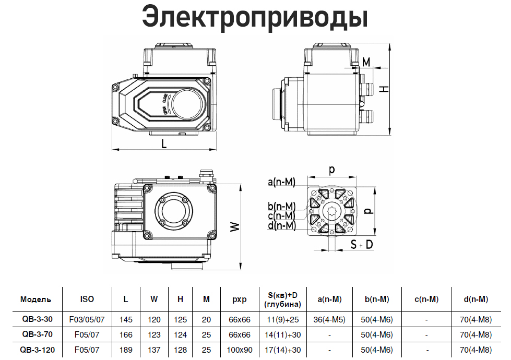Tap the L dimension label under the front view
pos(164,143)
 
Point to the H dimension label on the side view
pos(385,88)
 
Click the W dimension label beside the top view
pos(235,227)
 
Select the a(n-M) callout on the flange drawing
pos(281,182)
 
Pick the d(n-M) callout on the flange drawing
pos(282,225)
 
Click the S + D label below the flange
pos(361,244)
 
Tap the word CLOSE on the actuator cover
pos(165,98)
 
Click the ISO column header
pos(87,299)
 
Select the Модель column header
pos(36,299)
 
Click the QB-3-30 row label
pos(38,319)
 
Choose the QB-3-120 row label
pos(38,350)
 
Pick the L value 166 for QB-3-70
pos(126,334)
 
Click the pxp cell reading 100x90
pos(240,350)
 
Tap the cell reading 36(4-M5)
pos(329,320)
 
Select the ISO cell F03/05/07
pos(87,320)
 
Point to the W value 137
pos(154,350)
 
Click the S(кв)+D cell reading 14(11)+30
pos(283,334)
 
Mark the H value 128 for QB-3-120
pos(180,350)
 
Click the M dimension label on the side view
pos(366,62)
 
